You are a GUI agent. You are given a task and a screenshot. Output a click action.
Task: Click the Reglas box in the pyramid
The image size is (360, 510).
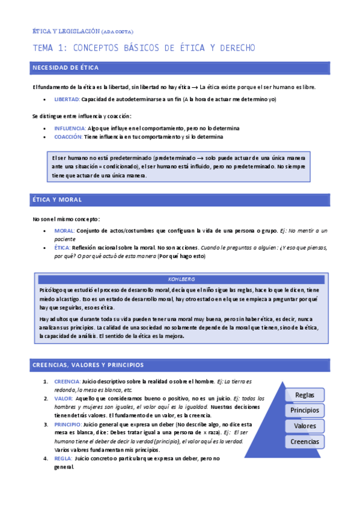click(305, 395)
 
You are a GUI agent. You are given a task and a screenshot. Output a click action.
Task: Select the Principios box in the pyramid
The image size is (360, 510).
click(305, 410)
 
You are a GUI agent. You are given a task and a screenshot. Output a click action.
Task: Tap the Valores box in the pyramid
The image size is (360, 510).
click(305, 426)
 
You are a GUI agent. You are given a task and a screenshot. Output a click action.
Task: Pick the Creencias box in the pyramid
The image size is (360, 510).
click(305, 441)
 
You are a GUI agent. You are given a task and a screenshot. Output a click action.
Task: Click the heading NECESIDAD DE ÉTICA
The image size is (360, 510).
click(66, 67)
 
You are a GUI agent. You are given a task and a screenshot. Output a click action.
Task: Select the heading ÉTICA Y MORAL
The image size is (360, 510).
click(57, 200)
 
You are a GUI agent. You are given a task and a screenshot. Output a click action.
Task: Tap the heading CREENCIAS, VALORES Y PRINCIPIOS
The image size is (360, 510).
click(88, 364)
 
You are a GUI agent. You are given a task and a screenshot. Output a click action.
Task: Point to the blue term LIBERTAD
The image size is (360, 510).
click(66, 99)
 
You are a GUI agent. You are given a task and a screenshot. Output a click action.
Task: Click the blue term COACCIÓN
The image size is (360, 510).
click(68, 137)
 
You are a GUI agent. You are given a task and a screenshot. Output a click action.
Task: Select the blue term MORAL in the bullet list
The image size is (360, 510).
click(64, 231)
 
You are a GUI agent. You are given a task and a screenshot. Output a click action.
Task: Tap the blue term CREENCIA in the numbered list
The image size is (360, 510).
click(67, 382)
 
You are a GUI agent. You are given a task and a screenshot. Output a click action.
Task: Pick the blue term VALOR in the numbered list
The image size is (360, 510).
click(63, 399)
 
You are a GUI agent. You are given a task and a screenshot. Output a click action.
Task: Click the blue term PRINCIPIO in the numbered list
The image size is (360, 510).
click(68, 424)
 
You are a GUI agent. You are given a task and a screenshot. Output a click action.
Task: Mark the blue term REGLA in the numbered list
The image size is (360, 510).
click(63, 458)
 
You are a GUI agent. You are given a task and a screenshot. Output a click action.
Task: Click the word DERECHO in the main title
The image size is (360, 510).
click(233, 48)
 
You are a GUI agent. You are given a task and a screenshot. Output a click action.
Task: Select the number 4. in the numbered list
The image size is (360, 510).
click(46, 458)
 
